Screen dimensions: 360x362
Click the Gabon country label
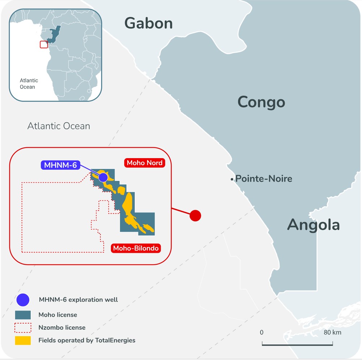pos(148,23)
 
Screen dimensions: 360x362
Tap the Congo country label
pos(261,102)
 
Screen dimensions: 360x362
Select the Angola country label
pos(313,225)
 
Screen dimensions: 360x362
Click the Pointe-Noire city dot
pos(232,179)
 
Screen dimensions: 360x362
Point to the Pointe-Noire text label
pos(264,178)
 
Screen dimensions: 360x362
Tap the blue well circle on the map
pos(103,177)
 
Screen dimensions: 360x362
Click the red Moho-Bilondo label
pos(136,248)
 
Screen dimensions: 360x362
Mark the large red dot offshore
pos(195,216)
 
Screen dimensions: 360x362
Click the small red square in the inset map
pos(43,44)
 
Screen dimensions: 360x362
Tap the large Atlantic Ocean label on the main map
pos(59,126)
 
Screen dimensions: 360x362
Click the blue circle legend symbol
pos(23,300)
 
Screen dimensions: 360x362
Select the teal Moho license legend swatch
pos(23,315)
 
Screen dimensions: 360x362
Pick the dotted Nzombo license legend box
pos(23,328)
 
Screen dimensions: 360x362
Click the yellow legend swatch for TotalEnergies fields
pos(23,340)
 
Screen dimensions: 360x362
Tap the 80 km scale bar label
pos(332,332)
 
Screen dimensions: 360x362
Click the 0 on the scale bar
pos(262,332)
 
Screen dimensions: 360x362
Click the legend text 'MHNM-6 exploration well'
pos(78,300)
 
